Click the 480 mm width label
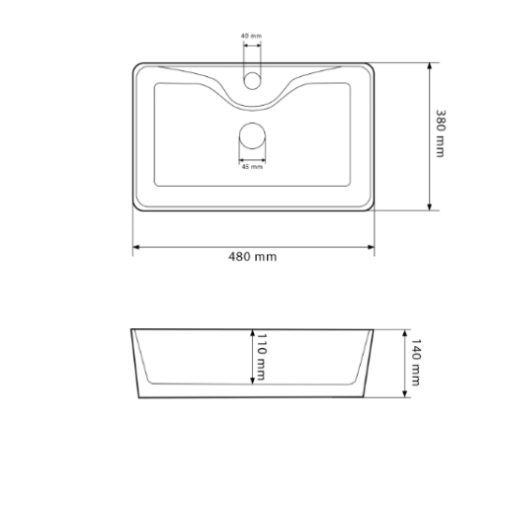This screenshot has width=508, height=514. (x=252, y=257)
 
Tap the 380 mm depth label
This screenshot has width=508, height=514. (x=441, y=133)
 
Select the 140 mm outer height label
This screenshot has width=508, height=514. (x=416, y=362)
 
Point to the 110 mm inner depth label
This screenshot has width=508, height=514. (x=261, y=357)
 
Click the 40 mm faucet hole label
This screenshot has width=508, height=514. (x=251, y=36)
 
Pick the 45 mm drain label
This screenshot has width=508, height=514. (x=252, y=167)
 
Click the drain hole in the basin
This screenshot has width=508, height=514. (x=252, y=135)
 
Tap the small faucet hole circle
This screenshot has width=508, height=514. (x=252, y=80)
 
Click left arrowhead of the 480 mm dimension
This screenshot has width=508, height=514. (x=136, y=247)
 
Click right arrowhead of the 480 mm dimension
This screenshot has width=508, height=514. (x=371, y=247)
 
